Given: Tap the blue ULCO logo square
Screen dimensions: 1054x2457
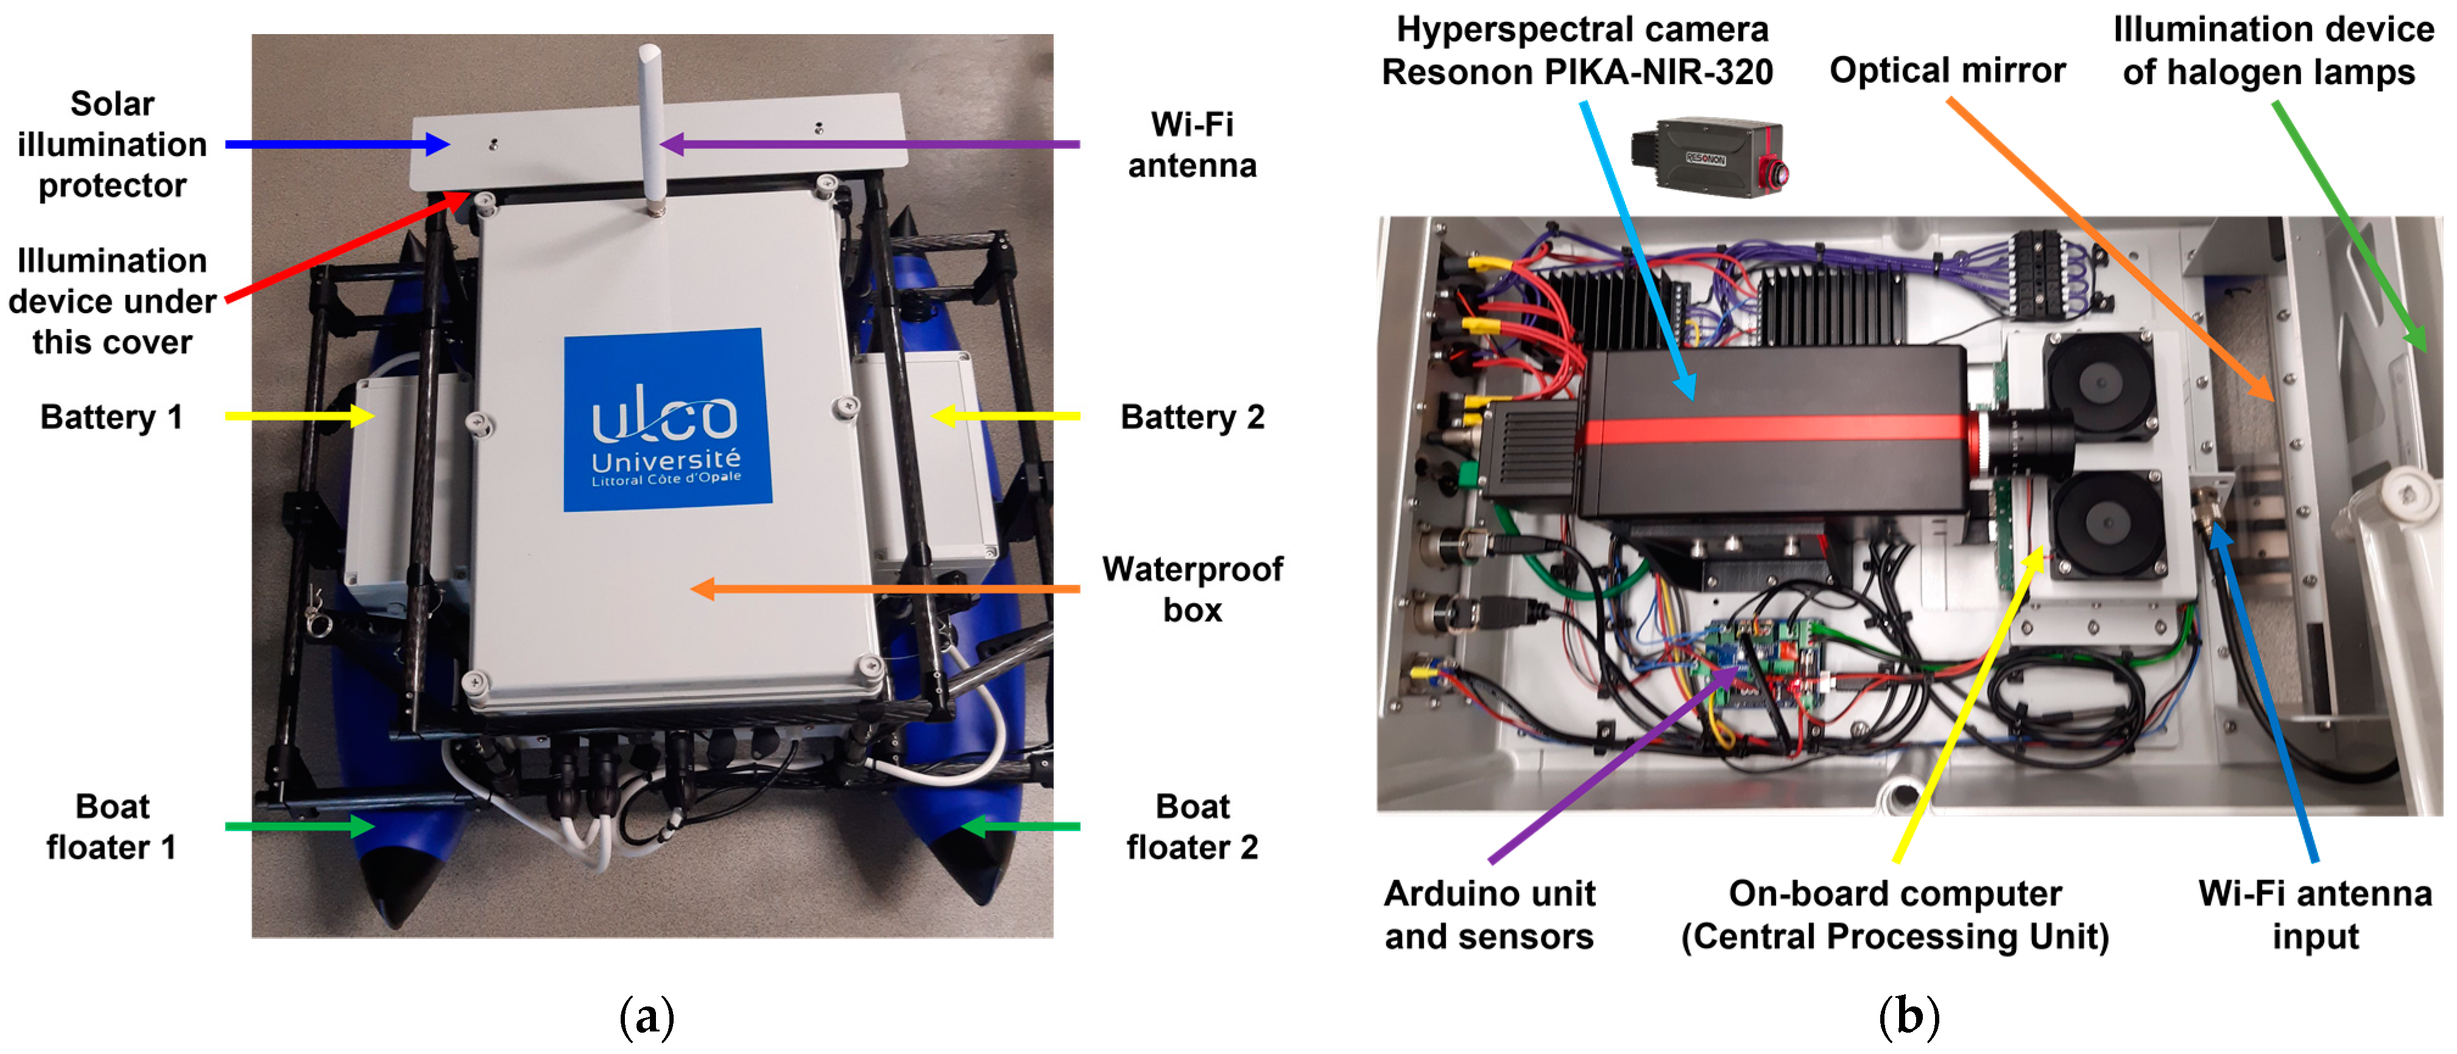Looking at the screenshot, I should click(x=667, y=420).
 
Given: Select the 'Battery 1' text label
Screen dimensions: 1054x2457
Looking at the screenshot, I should click(x=111, y=417).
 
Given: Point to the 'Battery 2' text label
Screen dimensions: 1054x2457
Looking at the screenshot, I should click(x=1191, y=417).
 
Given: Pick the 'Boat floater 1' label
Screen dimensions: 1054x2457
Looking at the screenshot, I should click(x=111, y=826).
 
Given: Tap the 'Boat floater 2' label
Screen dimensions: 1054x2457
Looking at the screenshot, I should click(x=1191, y=826).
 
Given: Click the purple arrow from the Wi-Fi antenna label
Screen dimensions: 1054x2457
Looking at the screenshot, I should click(x=868, y=144).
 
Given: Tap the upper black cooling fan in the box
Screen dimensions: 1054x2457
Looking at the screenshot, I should click(x=2098, y=386).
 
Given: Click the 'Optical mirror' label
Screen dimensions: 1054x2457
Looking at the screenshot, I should click(x=1947, y=71).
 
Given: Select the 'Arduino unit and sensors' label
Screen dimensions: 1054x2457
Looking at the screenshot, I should click(x=1489, y=914).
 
